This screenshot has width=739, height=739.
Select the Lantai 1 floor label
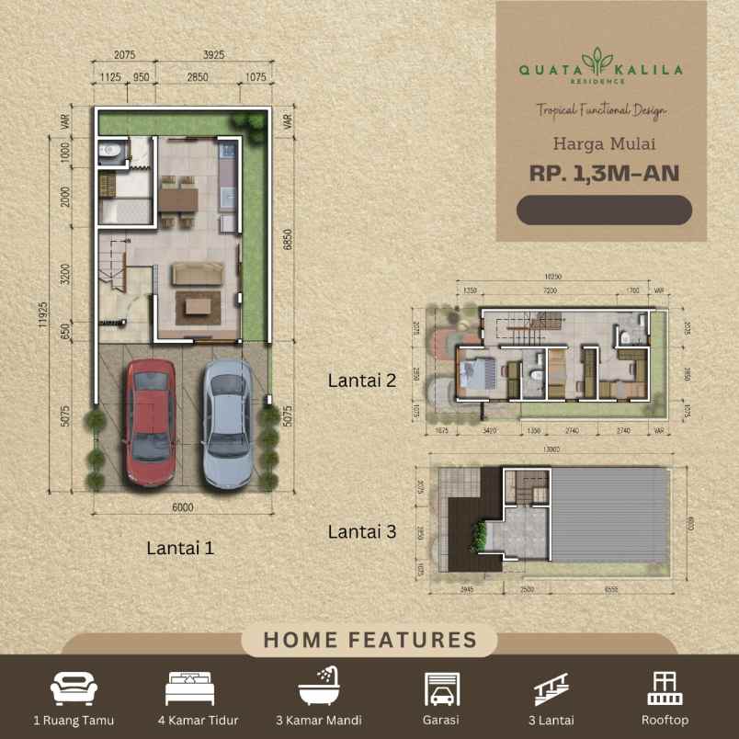coord(180,548)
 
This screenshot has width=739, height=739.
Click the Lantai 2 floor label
coord(362,380)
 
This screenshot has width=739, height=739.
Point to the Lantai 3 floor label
coord(362,531)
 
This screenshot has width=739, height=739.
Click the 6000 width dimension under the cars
coord(182,506)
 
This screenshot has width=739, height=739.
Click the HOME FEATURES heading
coord(369,641)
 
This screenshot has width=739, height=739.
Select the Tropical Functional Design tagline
coord(602,110)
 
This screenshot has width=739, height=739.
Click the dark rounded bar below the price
coord(604,210)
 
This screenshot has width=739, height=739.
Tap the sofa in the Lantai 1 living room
coord(198,274)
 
